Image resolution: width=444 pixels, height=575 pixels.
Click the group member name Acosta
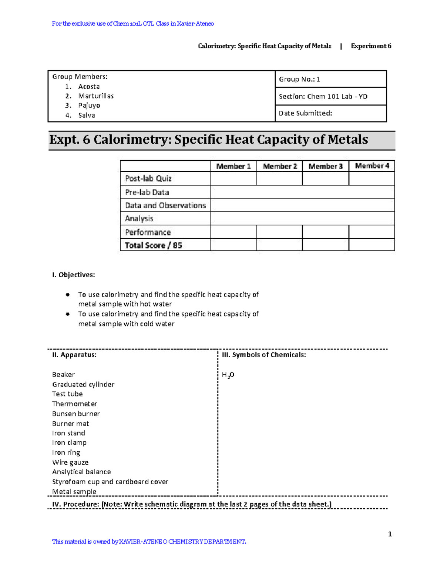pyautogui.click(x=89, y=87)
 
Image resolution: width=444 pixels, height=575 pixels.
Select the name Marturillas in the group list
pyautogui.click(x=96, y=96)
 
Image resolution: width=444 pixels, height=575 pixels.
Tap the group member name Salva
pyautogui.click(x=87, y=115)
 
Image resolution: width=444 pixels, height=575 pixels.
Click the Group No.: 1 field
pyautogui.click(x=299, y=79)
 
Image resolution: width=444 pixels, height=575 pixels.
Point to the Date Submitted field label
pyautogui.click(x=305, y=113)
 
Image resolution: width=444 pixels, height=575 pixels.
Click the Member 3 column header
pyautogui.click(x=326, y=166)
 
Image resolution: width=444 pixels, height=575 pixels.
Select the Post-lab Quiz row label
pyautogui.click(x=148, y=178)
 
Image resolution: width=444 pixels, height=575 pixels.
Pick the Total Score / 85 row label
pyautogui.click(x=153, y=245)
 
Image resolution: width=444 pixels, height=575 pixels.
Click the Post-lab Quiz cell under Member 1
pyautogui.click(x=233, y=178)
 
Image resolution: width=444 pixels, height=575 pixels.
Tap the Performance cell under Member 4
pyautogui.click(x=371, y=232)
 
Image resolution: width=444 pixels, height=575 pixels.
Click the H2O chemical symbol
pyautogui.click(x=228, y=375)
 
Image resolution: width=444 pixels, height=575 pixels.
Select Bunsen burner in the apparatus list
pyautogui.click(x=76, y=414)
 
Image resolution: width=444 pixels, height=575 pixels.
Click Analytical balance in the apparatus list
pyautogui.click(x=81, y=472)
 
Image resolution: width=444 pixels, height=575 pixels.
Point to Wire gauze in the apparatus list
pyautogui.click(x=70, y=462)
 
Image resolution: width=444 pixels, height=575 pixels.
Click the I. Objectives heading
pyautogui.click(x=73, y=275)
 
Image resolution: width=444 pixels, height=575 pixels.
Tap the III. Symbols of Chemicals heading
pyautogui.click(x=264, y=355)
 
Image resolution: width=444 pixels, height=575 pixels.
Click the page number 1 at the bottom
pyautogui.click(x=390, y=534)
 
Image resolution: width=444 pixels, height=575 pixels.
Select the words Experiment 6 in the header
pyautogui.click(x=371, y=46)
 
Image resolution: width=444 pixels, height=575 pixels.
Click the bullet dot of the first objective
pyautogui.click(x=68, y=295)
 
